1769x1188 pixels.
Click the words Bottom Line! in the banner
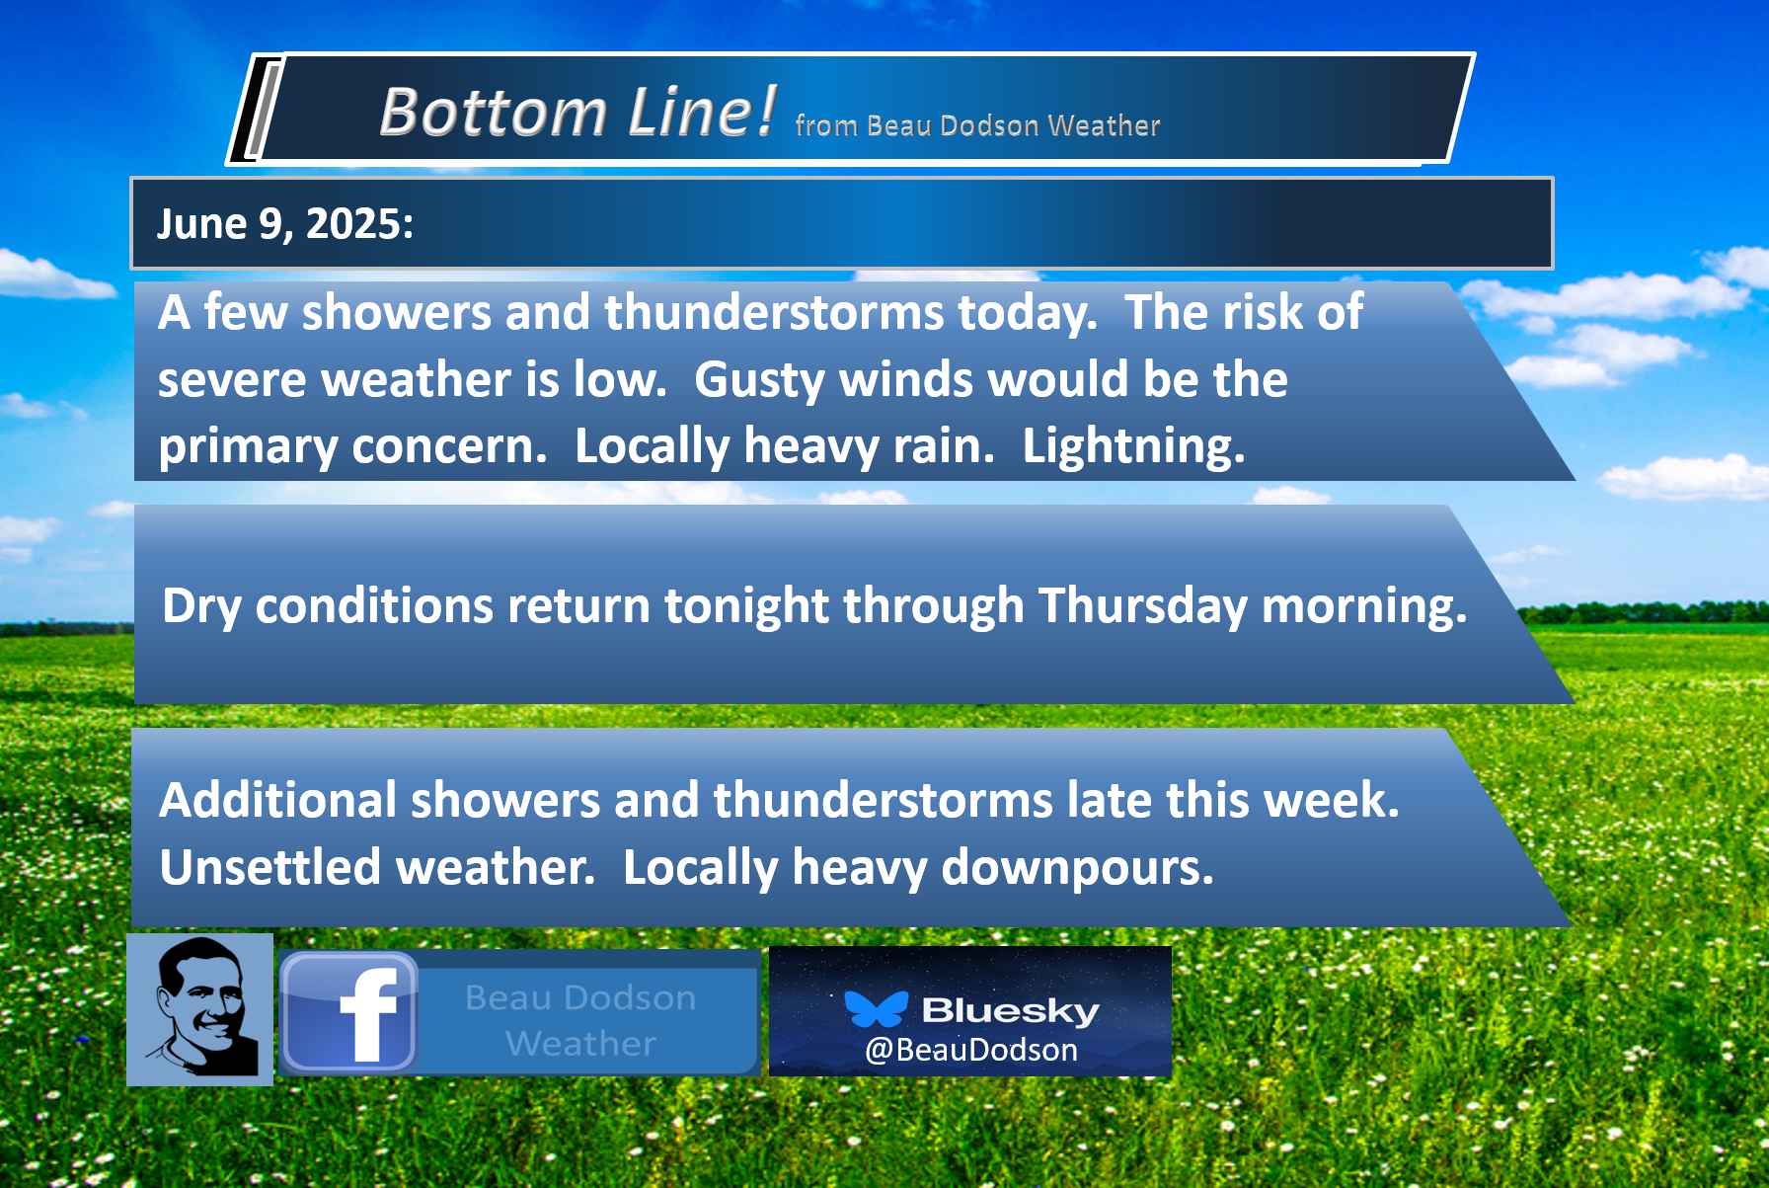tap(577, 111)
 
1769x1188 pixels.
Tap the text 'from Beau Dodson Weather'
tap(977, 125)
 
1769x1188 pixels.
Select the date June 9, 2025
tap(285, 224)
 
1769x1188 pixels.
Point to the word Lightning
tap(1133, 447)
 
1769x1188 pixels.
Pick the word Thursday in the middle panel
tap(1142, 606)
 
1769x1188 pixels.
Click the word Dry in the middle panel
tap(201, 606)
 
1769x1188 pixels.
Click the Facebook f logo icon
tap(348, 1013)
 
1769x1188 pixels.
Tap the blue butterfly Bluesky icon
tap(876, 1008)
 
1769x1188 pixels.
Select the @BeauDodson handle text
tap(971, 1050)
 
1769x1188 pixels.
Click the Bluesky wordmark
tap(1010, 1010)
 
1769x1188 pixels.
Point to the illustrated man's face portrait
tap(200, 1009)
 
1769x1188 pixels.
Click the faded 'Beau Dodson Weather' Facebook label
tap(580, 1020)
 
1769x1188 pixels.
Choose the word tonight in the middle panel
tap(746, 606)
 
